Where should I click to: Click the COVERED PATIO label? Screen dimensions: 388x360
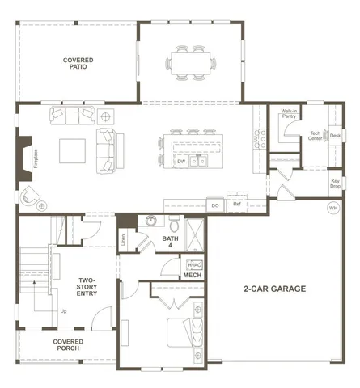(78, 64)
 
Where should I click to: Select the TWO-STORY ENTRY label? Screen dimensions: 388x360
(88, 288)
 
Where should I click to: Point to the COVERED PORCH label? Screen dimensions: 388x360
(69, 345)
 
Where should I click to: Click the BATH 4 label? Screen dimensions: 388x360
(170, 242)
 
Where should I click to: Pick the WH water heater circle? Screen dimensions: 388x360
(332, 209)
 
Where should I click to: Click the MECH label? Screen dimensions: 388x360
(192, 276)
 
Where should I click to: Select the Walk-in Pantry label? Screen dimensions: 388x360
(288, 114)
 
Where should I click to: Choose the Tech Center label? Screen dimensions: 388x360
(316, 137)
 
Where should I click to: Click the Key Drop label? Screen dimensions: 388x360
(335, 183)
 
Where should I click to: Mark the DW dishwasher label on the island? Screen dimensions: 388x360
(181, 161)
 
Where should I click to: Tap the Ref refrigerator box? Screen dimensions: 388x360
(237, 205)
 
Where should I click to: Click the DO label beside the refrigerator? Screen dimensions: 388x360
(215, 205)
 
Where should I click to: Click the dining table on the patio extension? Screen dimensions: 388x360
(192, 61)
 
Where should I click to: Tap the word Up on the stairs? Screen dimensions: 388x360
(64, 310)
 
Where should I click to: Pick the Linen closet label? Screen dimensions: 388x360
(124, 238)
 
